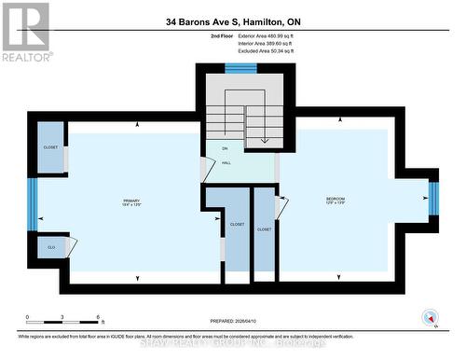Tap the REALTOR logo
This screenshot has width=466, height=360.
pyautogui.click(x=24, y=32)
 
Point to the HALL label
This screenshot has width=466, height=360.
pyautogui.click(x=226, y=163)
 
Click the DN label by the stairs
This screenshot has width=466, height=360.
pyautogui.click(x=225, y=149)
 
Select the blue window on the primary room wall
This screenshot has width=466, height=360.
pyautogui.click(x=32, y=203)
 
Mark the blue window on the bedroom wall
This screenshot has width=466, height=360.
pyautogui.click(x=432, y=199)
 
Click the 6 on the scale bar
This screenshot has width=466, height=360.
pyautogui.click(x=99, y=318)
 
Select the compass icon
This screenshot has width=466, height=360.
pyautogui.click(x=430, y=317)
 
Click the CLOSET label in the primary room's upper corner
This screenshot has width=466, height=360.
pyautogui.click(x=50, y=147)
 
